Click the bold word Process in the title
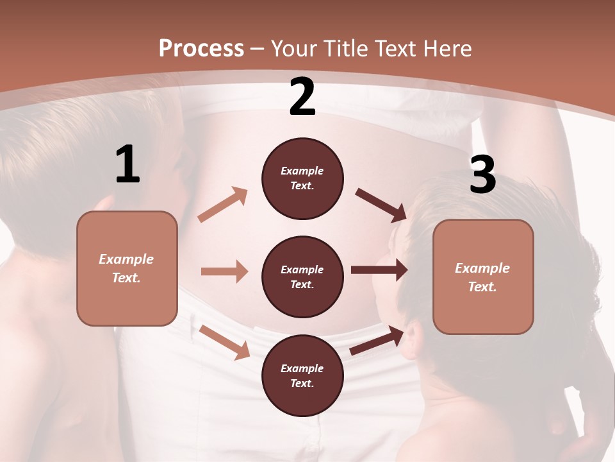(201, 48)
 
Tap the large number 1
(127, 164)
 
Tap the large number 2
(302, 97)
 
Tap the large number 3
(482, 175)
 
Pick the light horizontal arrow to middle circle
(224, 271)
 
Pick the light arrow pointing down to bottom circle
(225, 342)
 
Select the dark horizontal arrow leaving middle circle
(379, 270)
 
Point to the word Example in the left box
(126, 259)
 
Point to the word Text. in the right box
(482, 287)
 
